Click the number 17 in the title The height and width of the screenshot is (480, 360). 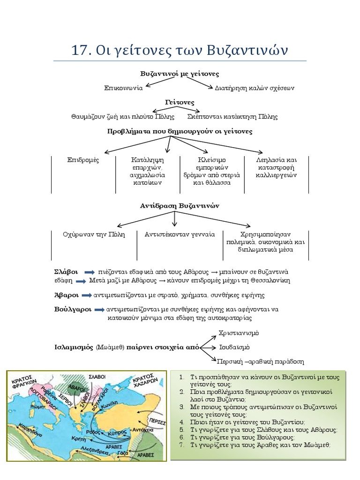pos(80,50)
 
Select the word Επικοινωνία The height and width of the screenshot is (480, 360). pos(123,88)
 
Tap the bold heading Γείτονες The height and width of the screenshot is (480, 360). pos(180,102)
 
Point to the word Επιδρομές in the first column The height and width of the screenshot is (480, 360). pos(83,160)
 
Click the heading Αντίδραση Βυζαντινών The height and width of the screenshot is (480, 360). pos(180,206)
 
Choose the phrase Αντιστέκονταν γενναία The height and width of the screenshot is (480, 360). pos(180,234)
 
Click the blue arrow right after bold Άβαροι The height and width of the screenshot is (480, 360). pos(87,295)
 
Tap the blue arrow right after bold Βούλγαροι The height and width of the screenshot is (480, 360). pos(99,310)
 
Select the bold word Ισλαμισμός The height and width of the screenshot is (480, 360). pos(74,347)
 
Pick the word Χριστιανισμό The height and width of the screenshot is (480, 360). pos(239,333)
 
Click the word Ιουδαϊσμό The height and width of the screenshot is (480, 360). pos(234,347)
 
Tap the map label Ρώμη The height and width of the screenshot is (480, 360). pos(37,407)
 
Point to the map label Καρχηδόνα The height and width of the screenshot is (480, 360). pos(30,430)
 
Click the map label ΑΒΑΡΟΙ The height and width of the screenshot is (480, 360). pos(76,388)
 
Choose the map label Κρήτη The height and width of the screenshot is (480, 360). pos(79,438)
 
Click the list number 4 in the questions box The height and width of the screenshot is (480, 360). pos(182,422)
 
